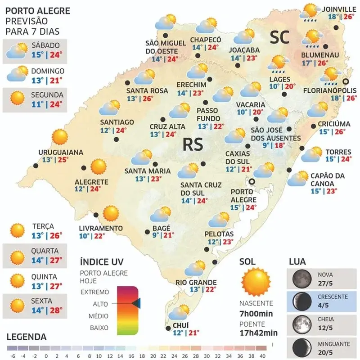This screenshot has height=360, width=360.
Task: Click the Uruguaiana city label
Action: coord(61,152)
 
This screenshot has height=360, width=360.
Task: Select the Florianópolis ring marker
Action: coord(346,81)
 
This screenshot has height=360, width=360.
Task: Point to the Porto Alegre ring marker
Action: coord(252,182)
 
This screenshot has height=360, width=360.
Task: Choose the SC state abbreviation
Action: coord(279,38)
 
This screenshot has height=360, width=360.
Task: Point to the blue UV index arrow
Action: coord(136,304)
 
